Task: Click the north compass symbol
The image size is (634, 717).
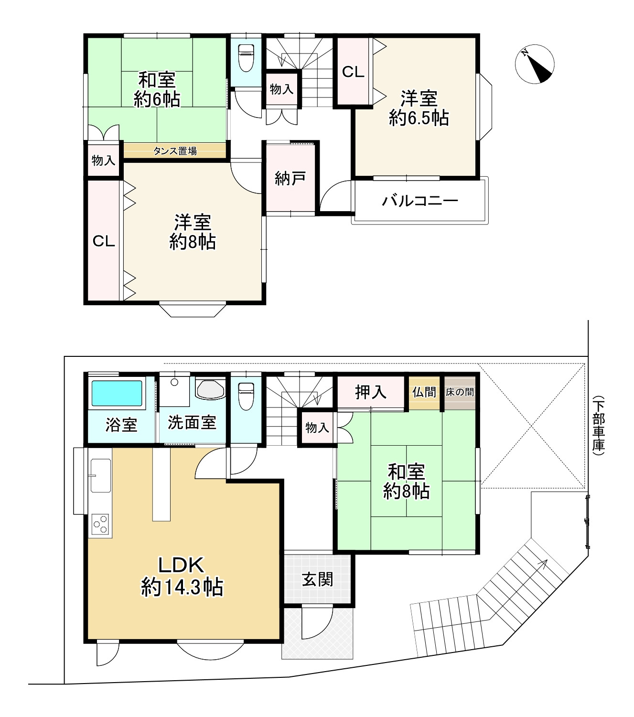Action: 535,64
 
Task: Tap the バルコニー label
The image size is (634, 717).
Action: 420,201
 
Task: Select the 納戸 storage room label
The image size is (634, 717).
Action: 290,178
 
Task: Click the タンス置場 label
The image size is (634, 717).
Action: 175,151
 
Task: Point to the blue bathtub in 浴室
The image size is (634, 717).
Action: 117,393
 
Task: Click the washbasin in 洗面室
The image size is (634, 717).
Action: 210,390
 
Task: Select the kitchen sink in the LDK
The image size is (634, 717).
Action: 100,476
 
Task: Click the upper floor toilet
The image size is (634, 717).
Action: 246,58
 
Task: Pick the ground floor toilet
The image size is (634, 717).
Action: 246,396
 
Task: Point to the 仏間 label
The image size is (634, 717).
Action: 424,392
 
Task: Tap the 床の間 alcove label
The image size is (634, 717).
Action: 460,392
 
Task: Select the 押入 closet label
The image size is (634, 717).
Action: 371,392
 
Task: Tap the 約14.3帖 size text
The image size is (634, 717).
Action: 182,587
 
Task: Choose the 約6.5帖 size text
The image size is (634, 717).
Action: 419,118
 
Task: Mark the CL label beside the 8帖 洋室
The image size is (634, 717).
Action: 104,241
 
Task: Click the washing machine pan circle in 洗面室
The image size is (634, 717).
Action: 174,382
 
